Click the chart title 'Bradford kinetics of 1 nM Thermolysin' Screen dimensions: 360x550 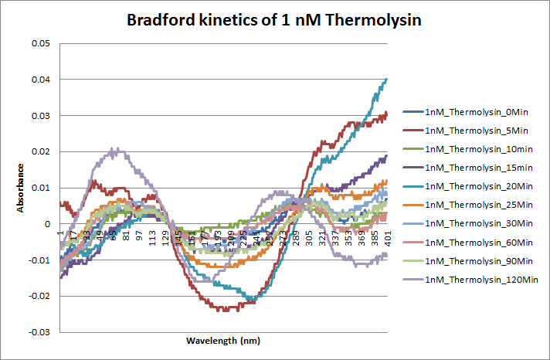[x=274, y=20]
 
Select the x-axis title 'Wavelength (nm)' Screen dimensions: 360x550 [x=223, y=340]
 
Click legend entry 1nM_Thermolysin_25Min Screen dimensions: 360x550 [x=479, y=205]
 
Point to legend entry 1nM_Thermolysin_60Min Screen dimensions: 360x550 [x=479, y=242]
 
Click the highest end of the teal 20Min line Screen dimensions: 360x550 [x=385, y=80]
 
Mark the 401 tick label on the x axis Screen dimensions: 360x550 [x=387, y=236]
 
